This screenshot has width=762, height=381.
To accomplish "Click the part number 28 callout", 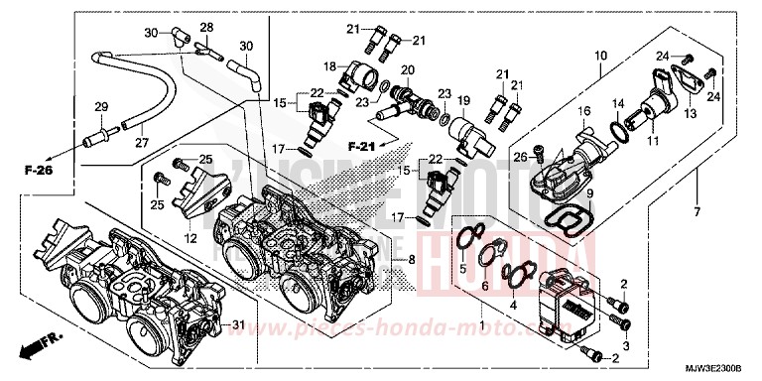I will coord(207,27).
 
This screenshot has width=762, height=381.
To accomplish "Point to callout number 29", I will coord(100,106).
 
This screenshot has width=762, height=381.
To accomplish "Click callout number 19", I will coord(462,101).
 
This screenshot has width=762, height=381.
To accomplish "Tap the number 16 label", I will coord(585,110).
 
